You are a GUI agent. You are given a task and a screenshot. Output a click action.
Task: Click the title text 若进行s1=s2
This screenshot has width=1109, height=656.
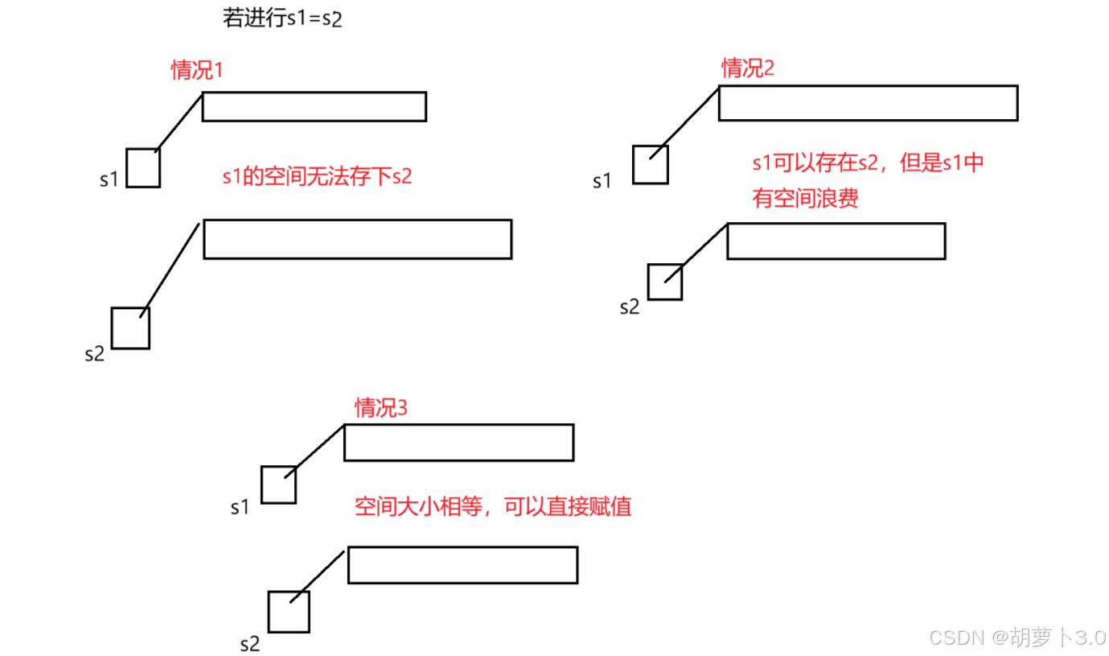click(282, 19)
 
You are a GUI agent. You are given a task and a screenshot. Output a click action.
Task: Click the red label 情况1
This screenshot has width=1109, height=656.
click(196, 70)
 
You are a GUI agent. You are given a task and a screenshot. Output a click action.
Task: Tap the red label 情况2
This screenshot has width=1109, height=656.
click(748, 68)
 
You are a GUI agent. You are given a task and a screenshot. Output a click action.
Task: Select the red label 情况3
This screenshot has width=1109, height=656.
click(381, 408)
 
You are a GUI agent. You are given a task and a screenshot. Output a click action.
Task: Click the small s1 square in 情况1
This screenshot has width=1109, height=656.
click(143, 168)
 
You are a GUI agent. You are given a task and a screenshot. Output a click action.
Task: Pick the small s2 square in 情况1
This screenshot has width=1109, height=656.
click(130, 328)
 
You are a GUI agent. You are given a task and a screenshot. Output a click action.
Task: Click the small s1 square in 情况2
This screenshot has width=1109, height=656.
click(650, 164)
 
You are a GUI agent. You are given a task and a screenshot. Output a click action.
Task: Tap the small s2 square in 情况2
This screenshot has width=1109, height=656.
click(665, 282)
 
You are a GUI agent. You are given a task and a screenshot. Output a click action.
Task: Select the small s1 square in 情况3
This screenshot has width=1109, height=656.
click(278, 485)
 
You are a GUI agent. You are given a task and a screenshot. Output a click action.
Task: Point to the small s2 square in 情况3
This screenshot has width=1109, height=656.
click(289, 612)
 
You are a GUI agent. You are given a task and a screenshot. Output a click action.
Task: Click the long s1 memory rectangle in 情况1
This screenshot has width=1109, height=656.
click(314, 106)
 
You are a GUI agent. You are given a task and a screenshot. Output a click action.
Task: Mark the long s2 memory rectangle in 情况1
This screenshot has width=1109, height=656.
click(357, 239)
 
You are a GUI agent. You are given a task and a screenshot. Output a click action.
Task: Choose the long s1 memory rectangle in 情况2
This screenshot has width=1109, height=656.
click(868, 102)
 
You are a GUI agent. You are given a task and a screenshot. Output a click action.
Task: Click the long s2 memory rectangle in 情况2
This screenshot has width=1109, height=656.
click(836, 241)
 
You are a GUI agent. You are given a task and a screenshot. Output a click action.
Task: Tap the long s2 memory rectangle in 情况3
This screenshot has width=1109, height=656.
click(462, 565)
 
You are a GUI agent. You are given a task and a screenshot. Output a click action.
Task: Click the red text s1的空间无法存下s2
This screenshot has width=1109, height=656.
click(317, 177)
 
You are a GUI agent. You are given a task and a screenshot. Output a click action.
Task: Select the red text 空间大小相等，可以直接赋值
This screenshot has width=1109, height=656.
click(493, 507)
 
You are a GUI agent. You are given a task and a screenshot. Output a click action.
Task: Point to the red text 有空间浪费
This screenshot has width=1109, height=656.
click(805, 197)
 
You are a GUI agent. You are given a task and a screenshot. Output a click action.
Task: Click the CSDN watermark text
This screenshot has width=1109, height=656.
click(1017, 637)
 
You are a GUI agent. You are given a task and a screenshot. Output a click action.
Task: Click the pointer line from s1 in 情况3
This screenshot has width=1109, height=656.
click(316, 448)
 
